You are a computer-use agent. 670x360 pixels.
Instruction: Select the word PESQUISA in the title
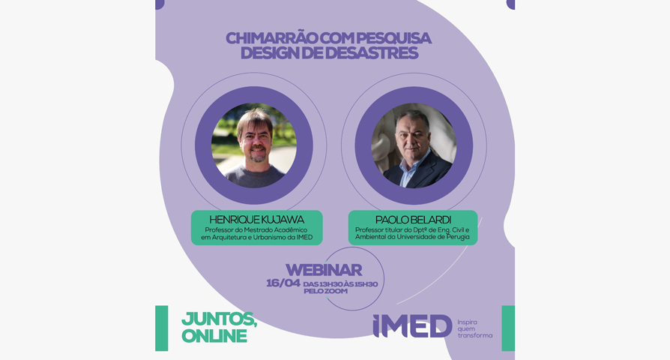(x=393, y=38)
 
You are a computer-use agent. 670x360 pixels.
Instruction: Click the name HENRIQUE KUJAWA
(x=257, y=220)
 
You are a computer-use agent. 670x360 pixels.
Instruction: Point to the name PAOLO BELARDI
(x=413, y=220)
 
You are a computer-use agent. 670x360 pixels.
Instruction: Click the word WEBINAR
(x=324, y=270)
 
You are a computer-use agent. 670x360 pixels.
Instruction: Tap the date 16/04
(x=283, y=283)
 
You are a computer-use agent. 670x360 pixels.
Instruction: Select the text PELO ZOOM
(x=325, y=291)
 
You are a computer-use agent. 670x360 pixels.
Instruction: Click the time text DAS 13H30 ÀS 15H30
(x=340, y=284)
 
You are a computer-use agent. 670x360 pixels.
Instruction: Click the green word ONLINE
(x=214, y=336)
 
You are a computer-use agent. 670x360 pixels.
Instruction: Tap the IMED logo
(x=412, y=326)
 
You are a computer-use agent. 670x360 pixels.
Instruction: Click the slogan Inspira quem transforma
(x=474, y=328)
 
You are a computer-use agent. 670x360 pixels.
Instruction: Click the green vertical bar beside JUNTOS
(x=162, y=328)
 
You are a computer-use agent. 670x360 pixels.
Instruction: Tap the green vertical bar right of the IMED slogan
(x=508, y=328)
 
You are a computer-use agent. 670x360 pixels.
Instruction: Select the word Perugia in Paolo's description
(x=458, y=237)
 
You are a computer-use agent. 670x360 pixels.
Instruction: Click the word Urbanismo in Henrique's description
(x=271, y=237)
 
